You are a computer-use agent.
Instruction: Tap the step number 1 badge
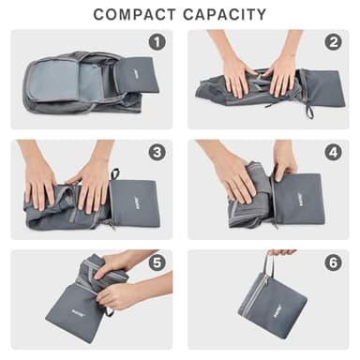pyautogui.click(x=157, y=42)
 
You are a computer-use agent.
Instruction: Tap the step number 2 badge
pyautogui.click(x=333, y=42)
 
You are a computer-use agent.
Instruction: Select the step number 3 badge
pyautogui.click(x=157, y=153)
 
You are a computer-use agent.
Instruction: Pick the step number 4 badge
pyautogui.click(x=333, y=153)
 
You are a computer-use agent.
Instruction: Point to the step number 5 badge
pyautogui.click(x=157, y=262)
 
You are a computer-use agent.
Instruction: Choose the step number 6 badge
pyautogui.click(x=333, y=262)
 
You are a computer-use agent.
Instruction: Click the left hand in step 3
pyautogui.click(x=41, y=178)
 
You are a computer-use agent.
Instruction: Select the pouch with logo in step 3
pyautogui.click(x=134, y=202)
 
